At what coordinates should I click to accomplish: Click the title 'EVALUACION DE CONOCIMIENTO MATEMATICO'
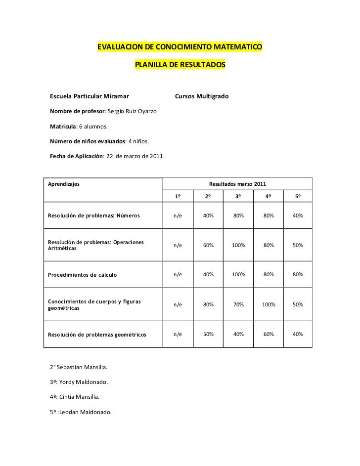[x=180, y=47]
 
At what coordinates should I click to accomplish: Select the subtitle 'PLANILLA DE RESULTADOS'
[x=180, y=65]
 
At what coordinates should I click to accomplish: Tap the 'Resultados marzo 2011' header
[x=237, y=184]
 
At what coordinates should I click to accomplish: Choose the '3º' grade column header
[x=238, y=197]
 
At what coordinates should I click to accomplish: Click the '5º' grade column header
[x=298, y=197]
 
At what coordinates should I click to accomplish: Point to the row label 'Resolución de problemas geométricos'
[x=97, y=335]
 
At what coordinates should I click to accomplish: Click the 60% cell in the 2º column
[x=209, y=246]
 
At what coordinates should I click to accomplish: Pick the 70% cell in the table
[x=238, y=304]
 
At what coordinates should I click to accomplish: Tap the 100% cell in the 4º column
[x=268, y=304]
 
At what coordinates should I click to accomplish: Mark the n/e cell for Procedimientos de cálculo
[x=178, y=275]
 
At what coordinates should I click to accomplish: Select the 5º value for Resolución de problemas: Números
[x=298, y=216]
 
